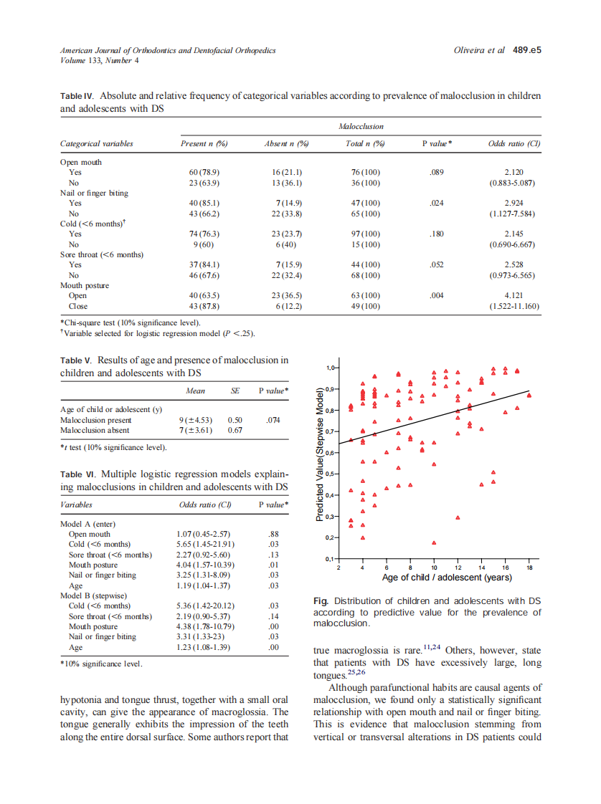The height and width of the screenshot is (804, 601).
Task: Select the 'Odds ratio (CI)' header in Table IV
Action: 514,144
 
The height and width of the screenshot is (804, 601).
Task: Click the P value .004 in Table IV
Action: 437,295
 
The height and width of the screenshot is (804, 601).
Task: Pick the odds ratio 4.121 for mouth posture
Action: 514,295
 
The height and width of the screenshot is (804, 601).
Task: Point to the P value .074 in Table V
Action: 272,419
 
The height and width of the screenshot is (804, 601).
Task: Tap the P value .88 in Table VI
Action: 272,534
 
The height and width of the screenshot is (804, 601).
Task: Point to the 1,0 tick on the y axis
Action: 331,368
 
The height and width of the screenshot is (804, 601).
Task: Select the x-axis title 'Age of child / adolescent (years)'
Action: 436,577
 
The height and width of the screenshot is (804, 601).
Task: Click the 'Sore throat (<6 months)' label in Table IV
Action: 102,254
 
